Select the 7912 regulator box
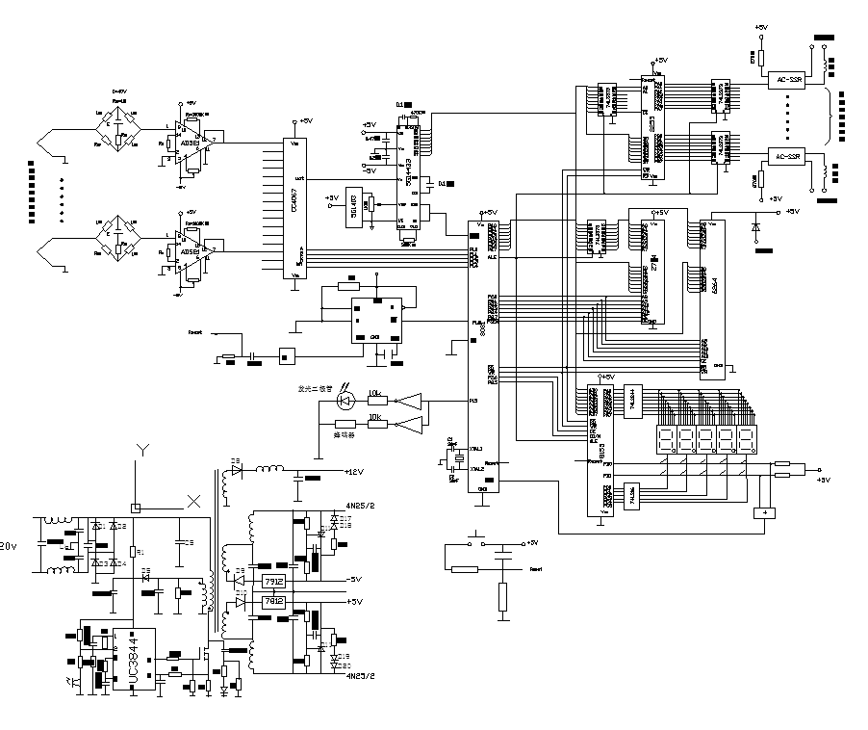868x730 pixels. (x=271, y=581)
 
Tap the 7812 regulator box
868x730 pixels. (x=271, y=601)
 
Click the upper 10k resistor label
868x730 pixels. (x=375, y=393)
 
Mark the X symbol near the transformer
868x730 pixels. (x=193, y=501)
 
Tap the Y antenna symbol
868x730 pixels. (x=141, y=450)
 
